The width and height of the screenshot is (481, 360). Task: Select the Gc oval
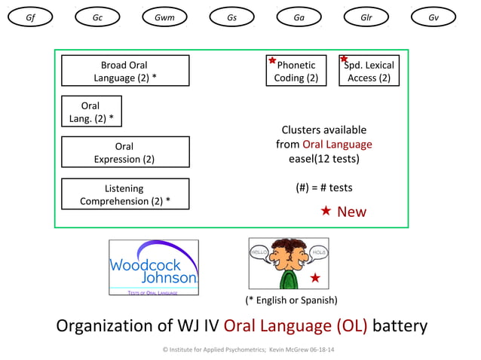tap(97, 17)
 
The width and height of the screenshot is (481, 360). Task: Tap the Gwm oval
tap(164, 17)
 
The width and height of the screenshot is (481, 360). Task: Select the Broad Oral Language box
tap(125, 71)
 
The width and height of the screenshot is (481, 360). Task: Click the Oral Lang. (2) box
tap(90, 111)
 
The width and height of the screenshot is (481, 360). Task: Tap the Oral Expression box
tap(125, 152)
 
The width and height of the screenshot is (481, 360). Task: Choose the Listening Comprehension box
tap(125, 194)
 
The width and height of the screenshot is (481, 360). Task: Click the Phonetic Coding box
tap(296, 71)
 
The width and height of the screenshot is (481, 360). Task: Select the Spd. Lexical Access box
tap(369, 71)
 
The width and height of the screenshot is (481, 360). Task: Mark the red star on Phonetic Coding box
tap(272, 60)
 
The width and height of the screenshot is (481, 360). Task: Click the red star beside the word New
tap(326, 211)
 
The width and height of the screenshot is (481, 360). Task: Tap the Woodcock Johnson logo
tap(154, 267)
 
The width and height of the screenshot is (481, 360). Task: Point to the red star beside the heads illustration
tap(315, 278)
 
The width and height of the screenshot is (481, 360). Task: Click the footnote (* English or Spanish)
tap(291, 300)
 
